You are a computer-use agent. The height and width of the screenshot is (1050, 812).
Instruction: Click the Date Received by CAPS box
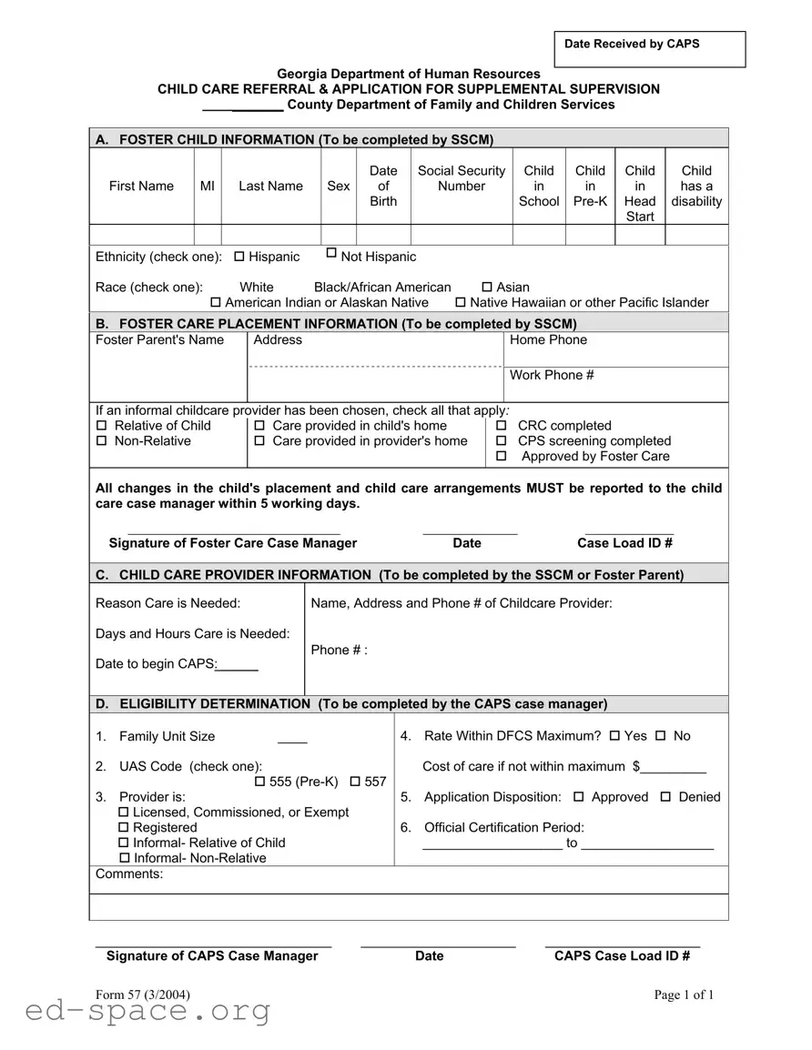tap(650, 50)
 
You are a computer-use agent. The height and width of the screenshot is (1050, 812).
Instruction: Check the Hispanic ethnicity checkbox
tap(239, 257)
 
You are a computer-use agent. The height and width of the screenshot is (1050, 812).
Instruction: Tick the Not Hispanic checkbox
tap(331, 253)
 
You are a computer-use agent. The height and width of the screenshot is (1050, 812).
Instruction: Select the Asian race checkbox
tap(487, 288)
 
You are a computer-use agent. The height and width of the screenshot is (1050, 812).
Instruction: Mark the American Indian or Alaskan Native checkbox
tap(216, 303)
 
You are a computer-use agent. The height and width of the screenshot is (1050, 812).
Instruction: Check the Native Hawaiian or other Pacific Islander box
tap(461, 303)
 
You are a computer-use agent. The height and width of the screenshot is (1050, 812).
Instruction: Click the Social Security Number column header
tap(462, 178)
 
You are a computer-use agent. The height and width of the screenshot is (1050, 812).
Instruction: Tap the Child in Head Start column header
tap(640, 193)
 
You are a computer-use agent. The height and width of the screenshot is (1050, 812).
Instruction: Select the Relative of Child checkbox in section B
tap(102, 426)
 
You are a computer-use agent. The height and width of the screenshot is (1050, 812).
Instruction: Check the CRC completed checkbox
tap(502, 426)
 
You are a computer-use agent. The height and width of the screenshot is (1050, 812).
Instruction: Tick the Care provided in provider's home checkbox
tap(259, 441)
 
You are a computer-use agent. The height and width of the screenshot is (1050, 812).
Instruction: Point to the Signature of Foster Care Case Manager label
tap(233, 543)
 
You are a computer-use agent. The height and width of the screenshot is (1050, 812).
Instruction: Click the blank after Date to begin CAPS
tap(238, 665)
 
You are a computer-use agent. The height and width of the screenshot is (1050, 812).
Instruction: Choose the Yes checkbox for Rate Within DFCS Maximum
tap(614, 736)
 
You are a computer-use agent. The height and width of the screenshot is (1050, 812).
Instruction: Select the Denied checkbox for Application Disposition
tap(665, 797)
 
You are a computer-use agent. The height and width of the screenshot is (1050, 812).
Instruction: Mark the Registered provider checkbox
tap(124, 828)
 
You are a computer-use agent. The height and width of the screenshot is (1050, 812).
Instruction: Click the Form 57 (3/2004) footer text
tap(143, 994)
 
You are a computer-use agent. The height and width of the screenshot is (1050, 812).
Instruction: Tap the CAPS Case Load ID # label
tap(622, 955)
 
